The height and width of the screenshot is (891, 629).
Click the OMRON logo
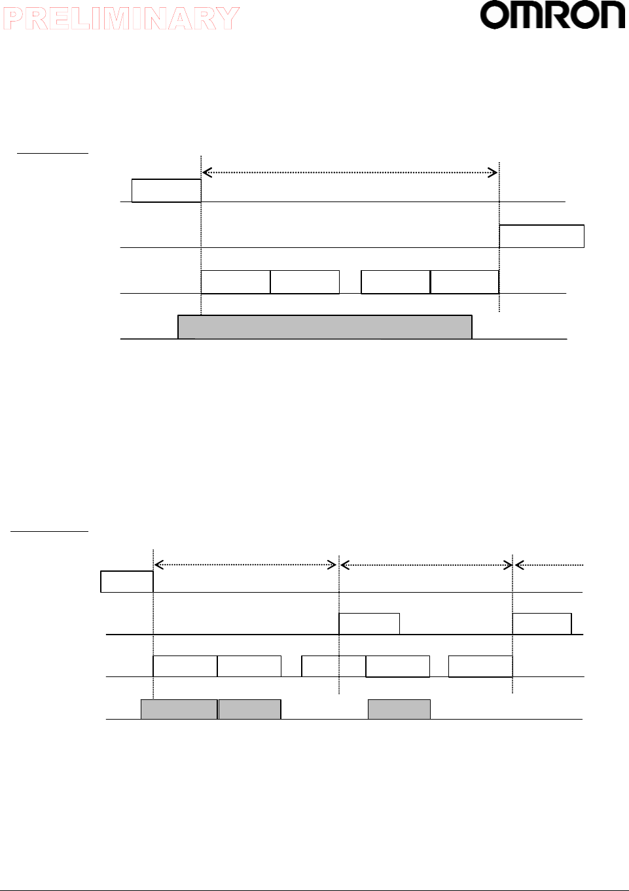click(553, 16)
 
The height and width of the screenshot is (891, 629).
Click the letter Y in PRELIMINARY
click(227, 18)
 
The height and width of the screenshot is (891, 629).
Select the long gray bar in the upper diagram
click(325, 327)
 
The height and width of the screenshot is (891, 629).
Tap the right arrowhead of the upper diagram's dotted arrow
click(493, 173)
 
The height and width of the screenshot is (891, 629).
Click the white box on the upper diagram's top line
click(166, 190)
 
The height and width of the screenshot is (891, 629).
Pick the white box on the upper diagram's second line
click(541, 236)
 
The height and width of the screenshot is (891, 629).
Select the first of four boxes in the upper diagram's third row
click(236, 282)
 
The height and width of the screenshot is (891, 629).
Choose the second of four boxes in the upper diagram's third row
click(305, 282)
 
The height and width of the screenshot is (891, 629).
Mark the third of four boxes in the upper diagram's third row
click(395, 282)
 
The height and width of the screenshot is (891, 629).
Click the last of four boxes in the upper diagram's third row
click(465, 282)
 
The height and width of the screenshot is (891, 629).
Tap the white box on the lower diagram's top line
click(127, 582)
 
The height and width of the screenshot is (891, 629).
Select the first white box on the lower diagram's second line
click(369, 624)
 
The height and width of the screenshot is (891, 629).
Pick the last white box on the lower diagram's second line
click(542, 624)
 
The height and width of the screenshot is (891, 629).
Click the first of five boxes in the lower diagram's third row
click(185, 666)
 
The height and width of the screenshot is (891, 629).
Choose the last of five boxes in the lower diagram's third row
click(480, 666)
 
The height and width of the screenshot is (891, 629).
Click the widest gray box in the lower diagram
click(179, 709)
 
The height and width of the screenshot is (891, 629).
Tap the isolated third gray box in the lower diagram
click(399, 709)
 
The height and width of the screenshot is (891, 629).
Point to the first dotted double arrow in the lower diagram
click(245, 565)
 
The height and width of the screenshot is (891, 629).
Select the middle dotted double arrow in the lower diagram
click(426, 565)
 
